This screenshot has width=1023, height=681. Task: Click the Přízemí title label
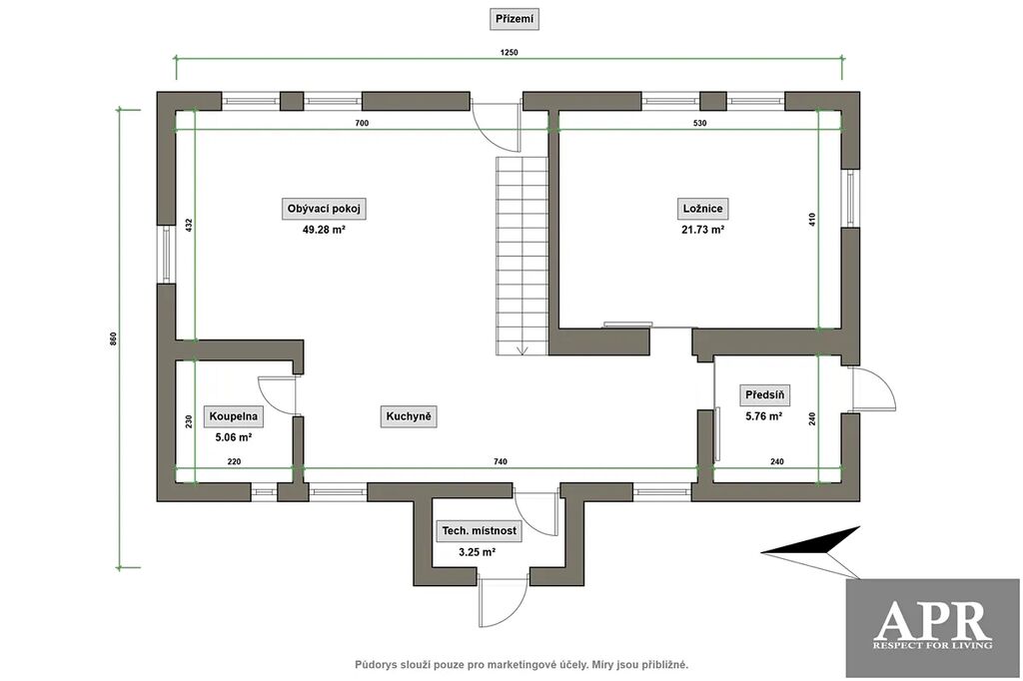click(514, 19)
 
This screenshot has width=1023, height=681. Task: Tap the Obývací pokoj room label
click(324, 209)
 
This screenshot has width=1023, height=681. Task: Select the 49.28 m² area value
click(324, 230)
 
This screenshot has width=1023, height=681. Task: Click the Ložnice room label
click(702, 209)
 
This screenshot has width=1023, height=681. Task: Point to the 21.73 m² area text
click(702, 230)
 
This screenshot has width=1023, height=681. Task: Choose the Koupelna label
click(234, 416)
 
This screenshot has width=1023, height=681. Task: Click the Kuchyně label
click(409, 416)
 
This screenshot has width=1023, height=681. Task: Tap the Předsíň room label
click(764, 394)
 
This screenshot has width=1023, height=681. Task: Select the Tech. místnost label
click(479, 531)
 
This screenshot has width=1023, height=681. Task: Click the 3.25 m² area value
click(477, 552)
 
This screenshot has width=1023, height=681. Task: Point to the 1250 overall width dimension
click(509, 53)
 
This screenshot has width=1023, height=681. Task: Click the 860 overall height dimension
click(114, 339)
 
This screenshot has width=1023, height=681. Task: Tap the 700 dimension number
click(362, 123)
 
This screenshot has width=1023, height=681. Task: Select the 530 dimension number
click(699, 123)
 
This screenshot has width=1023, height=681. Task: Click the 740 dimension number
click(500, 462)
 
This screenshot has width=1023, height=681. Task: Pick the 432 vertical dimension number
click(189, 225)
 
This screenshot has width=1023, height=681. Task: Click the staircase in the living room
click(521, 256)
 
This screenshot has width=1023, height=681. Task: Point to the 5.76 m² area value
click(764, 415)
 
